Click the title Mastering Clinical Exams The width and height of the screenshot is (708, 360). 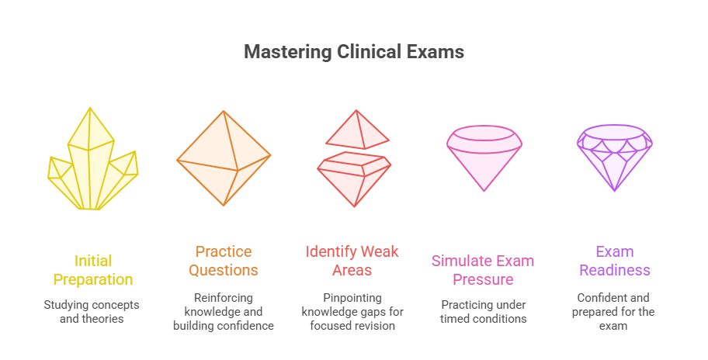pyautogui.click(x=354, y=52)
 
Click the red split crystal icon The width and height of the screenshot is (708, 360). pyautogui.click(x=355, y=159)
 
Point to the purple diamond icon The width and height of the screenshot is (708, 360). pyautogui.click(x=614, y=157)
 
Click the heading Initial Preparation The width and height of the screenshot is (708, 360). pyautogui.click(x=93, y=270)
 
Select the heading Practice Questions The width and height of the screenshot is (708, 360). pyautogui.click(x=224, y=261)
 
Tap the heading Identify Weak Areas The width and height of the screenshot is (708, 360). pyautogui.click(x=352, y=261)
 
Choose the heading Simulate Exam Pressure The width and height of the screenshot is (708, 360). pyautogui.click(x=483, y=270)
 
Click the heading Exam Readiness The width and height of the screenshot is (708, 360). pyautogui.click(x=614, y=261)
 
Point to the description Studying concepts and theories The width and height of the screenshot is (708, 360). pyautogui.click(x=93, y=312)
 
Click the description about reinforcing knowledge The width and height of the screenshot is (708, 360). pyautogui.click(x=224, y=311)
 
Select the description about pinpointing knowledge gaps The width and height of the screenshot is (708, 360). pyautogui.click(x=352, y=311)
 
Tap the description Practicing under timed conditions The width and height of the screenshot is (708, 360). pyautogui.click(x=483, y=312)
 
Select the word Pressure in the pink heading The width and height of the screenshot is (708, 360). pyautogui.click(x=483, y=279)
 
